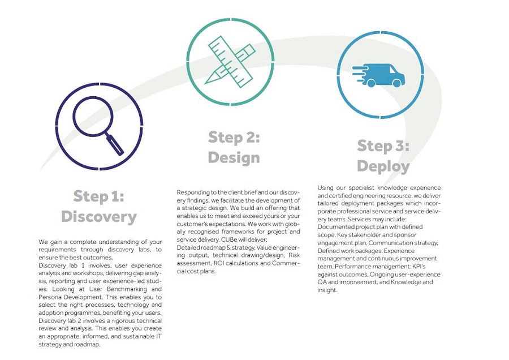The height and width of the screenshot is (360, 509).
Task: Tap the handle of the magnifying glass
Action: click(x=115, y=144)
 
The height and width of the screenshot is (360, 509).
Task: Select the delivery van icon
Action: click(x=378, y=75)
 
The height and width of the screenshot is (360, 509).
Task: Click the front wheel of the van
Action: click(x=396, y=83)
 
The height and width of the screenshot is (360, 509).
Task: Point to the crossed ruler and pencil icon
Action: click(x=230, y=62)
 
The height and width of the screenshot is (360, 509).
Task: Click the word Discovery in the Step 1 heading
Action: click(x=99, y=217)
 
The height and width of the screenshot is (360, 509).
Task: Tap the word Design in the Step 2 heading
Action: click(x=234, y=157)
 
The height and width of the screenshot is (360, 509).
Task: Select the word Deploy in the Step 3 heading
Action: click(x=383, y=166)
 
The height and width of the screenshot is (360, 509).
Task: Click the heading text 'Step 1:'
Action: click(x=98, y=196)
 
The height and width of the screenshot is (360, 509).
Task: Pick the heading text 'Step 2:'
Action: click(x=234, y=138)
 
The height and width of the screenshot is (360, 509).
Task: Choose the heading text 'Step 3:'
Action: click(x=383, y=145)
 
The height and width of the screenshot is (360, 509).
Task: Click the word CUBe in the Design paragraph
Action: click(x=229, y=240)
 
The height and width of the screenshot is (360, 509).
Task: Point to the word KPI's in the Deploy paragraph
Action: click(x=419, y=267)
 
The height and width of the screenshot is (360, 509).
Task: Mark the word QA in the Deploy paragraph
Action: click(x=322, y=282)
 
